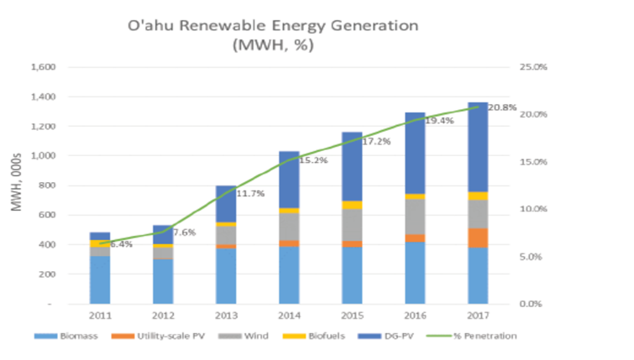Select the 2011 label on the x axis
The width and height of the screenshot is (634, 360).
point(99,317)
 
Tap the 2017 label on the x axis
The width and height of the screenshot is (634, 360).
point(477,317)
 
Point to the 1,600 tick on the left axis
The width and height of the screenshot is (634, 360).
point(42,67)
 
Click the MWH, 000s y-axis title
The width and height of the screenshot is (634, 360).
point(16,184)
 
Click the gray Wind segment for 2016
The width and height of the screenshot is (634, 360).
point(414,217)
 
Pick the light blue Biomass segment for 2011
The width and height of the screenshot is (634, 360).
point(99,279)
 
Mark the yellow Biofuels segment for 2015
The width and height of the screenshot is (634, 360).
point(351,205)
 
